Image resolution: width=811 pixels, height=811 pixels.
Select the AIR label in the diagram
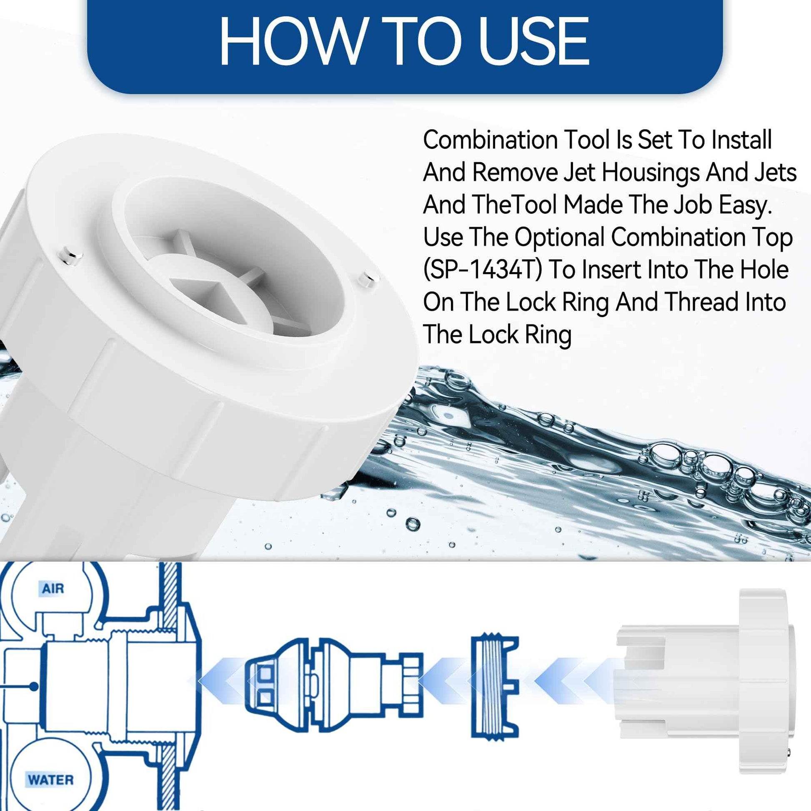click(53, 589)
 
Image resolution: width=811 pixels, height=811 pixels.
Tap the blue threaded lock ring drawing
click(495, 686)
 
